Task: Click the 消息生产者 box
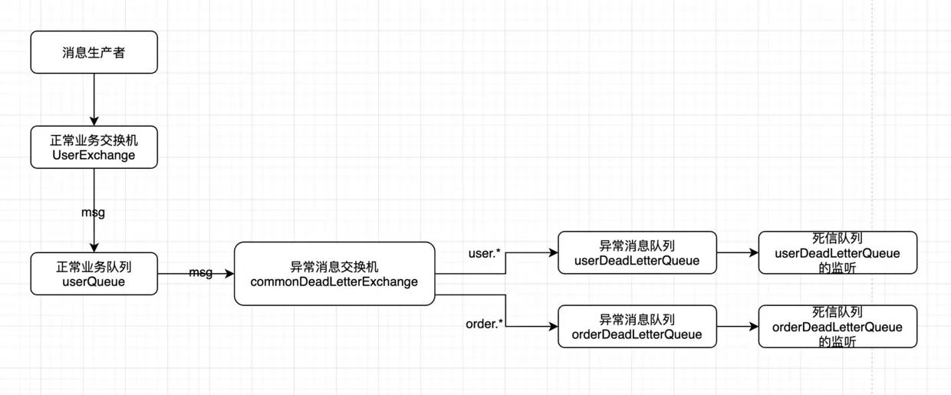pyautogui.click(x=94, y=52)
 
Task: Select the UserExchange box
pyautogui.click(x=94, y=147)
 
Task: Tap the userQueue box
pyautogui.click(x=94, y=274)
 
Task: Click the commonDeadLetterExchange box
pyautogui.click(x=334, y=274)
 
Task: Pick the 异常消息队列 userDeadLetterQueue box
pyautogui.click(x=637, y=252)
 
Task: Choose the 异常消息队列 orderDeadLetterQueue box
pyautogui.click(x=637, y=327)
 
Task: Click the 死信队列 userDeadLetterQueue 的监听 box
pyautogui.click(x=837, y=252)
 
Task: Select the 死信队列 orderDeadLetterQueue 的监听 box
pyautogui.click(x=837, y=327)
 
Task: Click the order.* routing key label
pyautogui.click(x=485, y=324)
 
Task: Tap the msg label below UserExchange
pyautogui.click(x=93, y=212)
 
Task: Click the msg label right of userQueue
pyautogui.click(x=200, y=273)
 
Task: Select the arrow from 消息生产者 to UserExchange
pyautogui.click(x=94, y=98)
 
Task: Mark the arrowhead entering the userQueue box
pyautogui.click(x=94, y=247)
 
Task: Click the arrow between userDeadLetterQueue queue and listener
pyautogui.click(x=737, y=252)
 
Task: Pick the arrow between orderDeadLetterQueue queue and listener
pyautogui.click(x=737, y=327)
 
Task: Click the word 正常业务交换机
pyautogui.click(x=94, y=140)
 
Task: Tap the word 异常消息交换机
pyautogui.click(x=334, y=267)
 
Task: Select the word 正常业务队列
pyautogui.click(x=94, y=267)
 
